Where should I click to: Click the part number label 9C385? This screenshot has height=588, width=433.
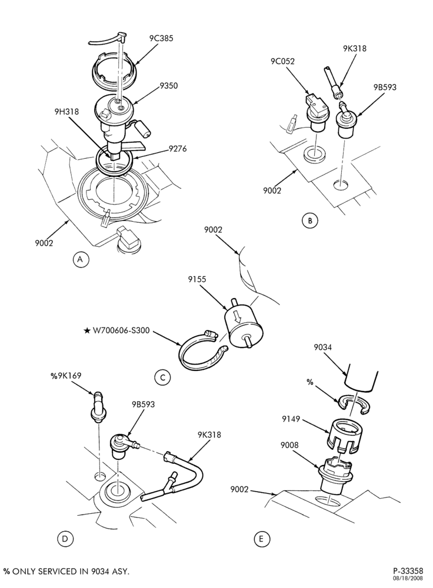(x=161, y=38)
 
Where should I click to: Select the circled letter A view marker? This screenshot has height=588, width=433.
(x=81, y=259)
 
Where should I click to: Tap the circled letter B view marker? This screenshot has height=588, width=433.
(x=309, y=220)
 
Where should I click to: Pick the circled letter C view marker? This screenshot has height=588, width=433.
(x=162, y=377)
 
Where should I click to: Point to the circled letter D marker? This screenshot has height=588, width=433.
(x=65, y=539)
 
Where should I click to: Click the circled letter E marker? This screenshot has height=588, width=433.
(x=262, y=539)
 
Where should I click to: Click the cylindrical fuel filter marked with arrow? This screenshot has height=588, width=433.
(x=244, y=326)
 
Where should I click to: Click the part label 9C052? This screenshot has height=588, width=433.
(x=282, y=61)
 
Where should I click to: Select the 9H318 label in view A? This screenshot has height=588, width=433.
(x=66, y=111)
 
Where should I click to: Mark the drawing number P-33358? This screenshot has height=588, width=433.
(x=408, y=570)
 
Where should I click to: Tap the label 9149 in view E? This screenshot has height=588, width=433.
(x=291, y=419)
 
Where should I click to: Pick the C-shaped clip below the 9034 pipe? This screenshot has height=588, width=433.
(x=354, y=406)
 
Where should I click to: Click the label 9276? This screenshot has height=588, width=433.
(x=178, y=149)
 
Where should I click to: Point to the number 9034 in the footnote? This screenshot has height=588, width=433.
(x=100, y=571)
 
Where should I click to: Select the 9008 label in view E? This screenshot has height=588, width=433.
(x=289, y=445)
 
